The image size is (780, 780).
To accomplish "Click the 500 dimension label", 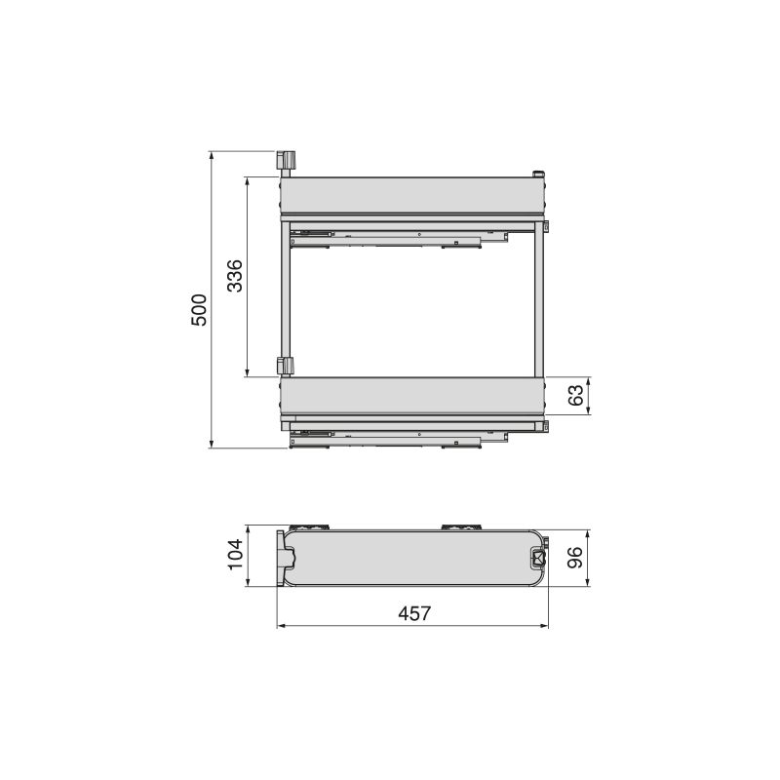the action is point(199,310).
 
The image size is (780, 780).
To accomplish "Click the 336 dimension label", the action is point(235,276).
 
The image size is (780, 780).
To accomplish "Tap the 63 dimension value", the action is point(575,396).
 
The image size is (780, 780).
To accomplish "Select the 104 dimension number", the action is point(235,554).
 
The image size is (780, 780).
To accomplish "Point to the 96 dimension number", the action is point(575,557).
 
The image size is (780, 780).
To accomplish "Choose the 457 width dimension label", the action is point(414,613).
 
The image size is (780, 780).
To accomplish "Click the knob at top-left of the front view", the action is point(286,161).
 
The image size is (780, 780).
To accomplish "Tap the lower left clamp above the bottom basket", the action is point(285,366).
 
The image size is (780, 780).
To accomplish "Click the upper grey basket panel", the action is point(412,196).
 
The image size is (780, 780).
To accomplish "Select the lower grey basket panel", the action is point(412,396).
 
